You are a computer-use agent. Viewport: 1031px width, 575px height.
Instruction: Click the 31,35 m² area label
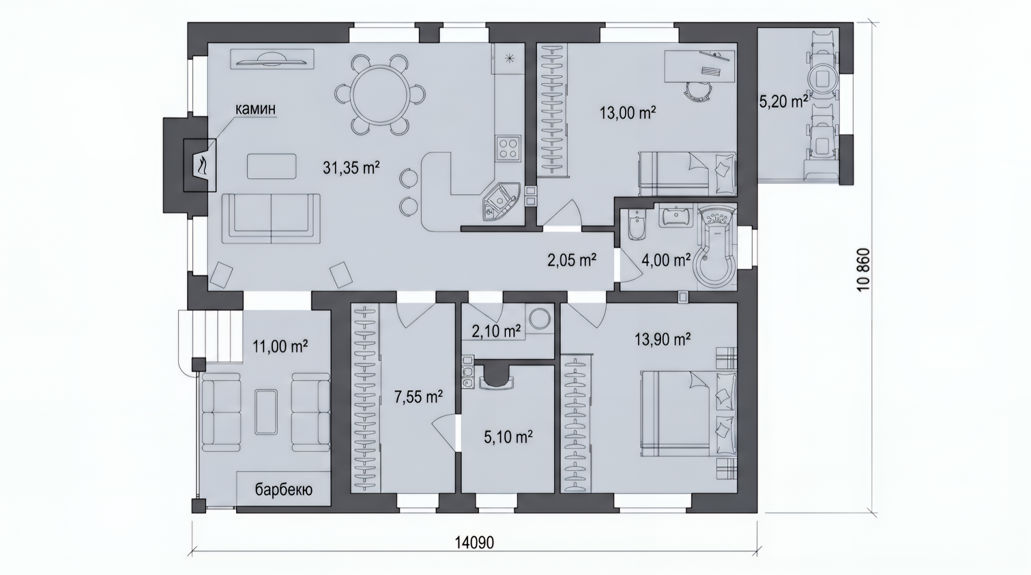click(351, 168)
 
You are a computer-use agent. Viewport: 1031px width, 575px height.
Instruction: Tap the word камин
click(256, 108)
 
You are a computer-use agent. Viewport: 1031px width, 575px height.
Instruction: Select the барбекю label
click(284, 490)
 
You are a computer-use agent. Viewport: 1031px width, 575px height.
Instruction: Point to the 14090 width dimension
click(475, 542)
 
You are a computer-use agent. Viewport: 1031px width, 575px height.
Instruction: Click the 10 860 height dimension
click(863, 270)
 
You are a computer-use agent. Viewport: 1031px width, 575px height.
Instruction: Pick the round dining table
click(380, 94)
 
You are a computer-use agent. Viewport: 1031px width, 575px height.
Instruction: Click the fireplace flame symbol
click(201, 165)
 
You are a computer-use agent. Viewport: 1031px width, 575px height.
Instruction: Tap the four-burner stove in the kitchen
click(508, 149)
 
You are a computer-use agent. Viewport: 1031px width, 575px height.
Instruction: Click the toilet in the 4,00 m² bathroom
click(636, 225)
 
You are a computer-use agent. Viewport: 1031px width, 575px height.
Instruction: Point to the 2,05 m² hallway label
click(572, 260)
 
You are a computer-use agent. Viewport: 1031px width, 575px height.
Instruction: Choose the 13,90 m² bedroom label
click(663, 339)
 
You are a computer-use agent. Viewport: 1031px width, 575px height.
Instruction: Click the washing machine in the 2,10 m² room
click(540, 319)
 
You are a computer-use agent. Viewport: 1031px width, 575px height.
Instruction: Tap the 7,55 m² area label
click(418, 397)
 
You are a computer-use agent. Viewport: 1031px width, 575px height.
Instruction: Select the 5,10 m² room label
click(508, 437)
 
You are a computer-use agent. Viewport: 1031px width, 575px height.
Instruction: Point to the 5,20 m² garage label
click(783, 101)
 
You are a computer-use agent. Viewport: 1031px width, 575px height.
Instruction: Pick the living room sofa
click(271, 219)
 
